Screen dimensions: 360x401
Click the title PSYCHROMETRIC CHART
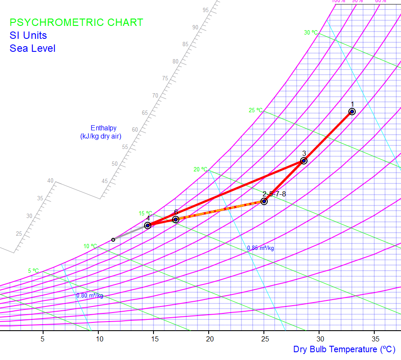click(76, 22)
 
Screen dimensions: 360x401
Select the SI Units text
click(28, 35)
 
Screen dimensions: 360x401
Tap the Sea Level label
click(32, 48)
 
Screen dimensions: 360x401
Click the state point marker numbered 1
click(352, 111)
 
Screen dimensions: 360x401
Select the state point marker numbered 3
click(304, 161)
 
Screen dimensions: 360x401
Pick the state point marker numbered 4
click(147, 225)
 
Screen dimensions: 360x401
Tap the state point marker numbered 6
click(175, 219)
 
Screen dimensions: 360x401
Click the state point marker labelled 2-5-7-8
click(264, 201)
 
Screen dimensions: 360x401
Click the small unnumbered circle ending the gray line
click(113, 240)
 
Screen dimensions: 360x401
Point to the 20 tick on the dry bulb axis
click(209, 339)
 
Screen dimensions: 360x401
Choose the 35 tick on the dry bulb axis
click(375, 339)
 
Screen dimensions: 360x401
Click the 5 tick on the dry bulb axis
click(43, 339)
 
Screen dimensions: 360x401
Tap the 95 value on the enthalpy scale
click(206, 10)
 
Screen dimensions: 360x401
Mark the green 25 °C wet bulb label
click(255, 110)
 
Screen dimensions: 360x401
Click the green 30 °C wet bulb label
click(310, 32)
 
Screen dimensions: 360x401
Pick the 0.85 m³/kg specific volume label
click(260, 248)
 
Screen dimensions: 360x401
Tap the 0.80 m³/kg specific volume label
click(90, 296)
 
